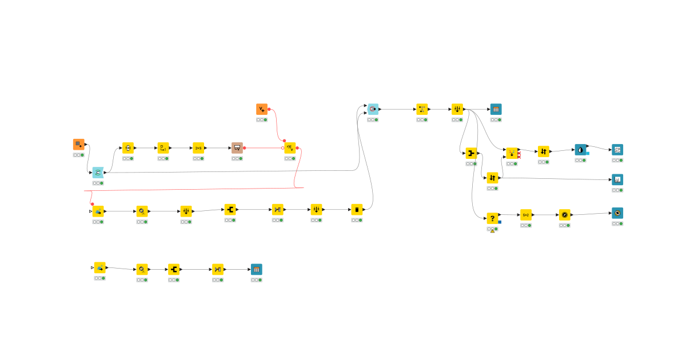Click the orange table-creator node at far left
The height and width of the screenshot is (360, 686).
pos(78,145)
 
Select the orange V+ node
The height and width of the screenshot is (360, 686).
pos(262,109)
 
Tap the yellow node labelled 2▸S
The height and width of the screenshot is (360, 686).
pos(198,148)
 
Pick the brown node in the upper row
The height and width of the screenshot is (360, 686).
pos(237,148)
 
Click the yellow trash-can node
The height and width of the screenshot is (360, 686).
pos(357,210)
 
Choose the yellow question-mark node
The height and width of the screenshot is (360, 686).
pos(492,218)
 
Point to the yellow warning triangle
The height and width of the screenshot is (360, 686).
pos(492,231)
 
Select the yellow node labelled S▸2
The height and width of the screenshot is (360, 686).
pos(526,215)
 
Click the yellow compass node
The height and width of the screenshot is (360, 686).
pos(565,215)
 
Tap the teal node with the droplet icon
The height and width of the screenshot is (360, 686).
pos(581,150)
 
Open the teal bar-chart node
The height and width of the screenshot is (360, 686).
pos(617,179)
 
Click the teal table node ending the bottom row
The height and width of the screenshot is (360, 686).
pos(257,269)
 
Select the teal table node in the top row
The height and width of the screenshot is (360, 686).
pos(496,109)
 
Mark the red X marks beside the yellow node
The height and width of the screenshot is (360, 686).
pos(519,155)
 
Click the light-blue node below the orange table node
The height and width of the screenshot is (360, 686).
pos(98,173)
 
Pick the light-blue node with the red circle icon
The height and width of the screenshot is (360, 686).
pos(373,109)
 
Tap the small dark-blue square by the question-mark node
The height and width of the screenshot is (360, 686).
pos(500,222)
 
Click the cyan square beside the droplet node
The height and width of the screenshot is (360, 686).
pos(588,153)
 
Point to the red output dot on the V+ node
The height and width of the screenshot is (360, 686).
pos(269,109)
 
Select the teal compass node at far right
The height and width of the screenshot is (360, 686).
pos(617,213)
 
